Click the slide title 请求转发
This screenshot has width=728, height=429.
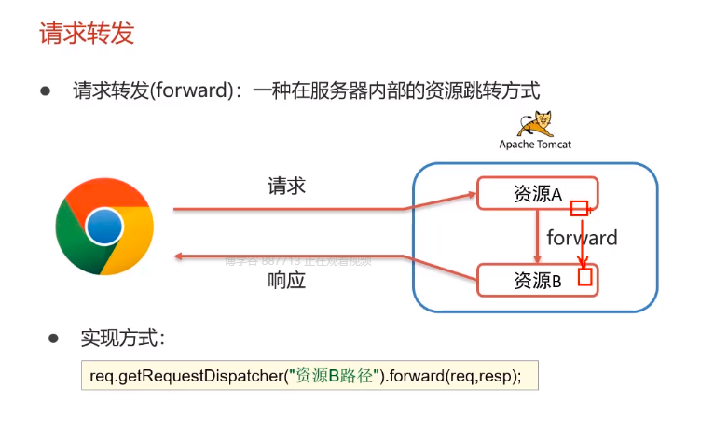coord(87,35)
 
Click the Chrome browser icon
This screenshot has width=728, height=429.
coord(104,226)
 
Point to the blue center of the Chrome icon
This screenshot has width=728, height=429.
coord(104,226)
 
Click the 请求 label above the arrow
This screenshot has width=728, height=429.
coord(286,187)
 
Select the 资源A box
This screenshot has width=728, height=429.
coord(536,193)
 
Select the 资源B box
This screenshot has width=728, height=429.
coord(536,280)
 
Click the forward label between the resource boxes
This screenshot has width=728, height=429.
coord(582,238)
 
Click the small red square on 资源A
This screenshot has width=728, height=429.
coord(580,208)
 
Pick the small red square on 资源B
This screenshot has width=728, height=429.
coord(585,277)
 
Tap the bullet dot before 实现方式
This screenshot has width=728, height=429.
coord(53,338)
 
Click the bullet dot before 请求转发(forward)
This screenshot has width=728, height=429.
coord(44,90)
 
